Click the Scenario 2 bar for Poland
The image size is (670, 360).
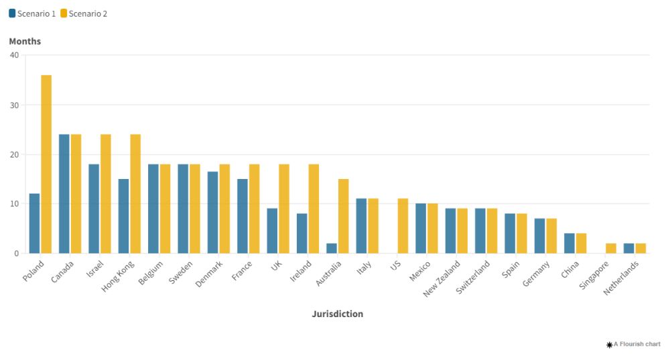(x=46, y=164)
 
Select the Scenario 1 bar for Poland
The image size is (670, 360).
(x=34, y=223)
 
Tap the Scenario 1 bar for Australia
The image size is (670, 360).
(x=332, y=248)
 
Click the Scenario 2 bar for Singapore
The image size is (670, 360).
(x=611, y=248)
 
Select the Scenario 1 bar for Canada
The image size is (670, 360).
(x=64, y=194)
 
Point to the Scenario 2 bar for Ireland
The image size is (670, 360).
(x=314, y=208)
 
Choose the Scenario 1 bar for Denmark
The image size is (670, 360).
(x=212, y=213)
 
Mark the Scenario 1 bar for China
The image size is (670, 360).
(x=569, y=243)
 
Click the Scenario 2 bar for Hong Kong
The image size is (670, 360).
(x=135, y=194)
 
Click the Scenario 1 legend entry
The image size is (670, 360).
(x=32, y=13)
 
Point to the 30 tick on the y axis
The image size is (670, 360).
(x=14, y=105)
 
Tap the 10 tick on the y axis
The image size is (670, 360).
(x=14, y=204)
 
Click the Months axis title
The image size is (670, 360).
(x=25, y=42)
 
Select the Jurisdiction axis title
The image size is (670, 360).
(x=338, y=314)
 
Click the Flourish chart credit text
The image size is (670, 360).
(x=633, y=344)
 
